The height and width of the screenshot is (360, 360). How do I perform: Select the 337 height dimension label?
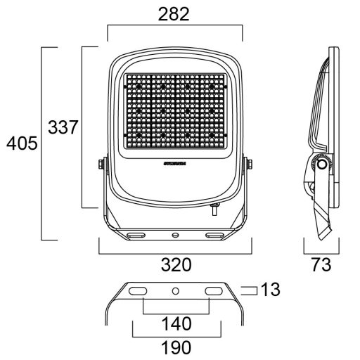(x=63, y=127)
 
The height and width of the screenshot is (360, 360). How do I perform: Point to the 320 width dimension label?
(x=176, y=265)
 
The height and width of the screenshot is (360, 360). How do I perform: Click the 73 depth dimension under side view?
(x=321, y=265)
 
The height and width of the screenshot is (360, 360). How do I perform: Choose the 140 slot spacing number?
(x=176, y=325)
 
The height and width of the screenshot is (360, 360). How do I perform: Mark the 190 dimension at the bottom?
(x=176, y=347)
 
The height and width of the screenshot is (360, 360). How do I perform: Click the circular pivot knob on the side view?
(x=322, y=165)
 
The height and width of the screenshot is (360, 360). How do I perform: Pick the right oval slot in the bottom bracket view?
(x=212, y=291)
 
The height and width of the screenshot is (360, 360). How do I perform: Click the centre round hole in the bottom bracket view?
(x=176, y=290)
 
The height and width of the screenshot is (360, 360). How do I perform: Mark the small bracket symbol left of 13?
(x=248, y=290)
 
